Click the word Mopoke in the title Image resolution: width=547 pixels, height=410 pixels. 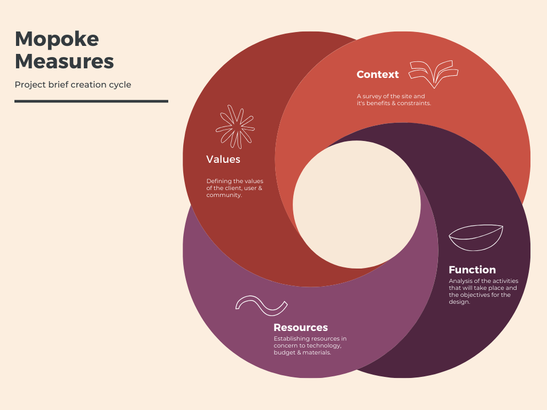[x=57, y=40]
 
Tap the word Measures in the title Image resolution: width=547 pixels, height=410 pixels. [x=64, y=61]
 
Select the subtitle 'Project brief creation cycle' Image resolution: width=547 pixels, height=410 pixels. [x=73, y=85]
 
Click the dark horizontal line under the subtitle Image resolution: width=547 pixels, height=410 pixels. [x=91, y=101]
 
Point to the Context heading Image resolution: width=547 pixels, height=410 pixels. [x=378, y=75]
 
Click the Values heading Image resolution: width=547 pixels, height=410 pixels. [x=223, y=159]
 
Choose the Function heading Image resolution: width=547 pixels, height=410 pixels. [x=472, y=270]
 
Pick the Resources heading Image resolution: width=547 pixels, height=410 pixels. [x=301, y=328]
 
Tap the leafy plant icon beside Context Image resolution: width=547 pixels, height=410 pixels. [x=433, y=74]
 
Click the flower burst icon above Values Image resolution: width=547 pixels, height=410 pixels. [x=235, y=127]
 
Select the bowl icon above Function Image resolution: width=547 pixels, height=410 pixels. [x=476, y=238]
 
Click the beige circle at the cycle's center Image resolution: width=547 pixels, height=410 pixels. [x=357, y=204]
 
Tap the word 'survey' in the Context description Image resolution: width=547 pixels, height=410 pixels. [x=374, y=97]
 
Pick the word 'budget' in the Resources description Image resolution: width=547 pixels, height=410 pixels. [x=284, y=353]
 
